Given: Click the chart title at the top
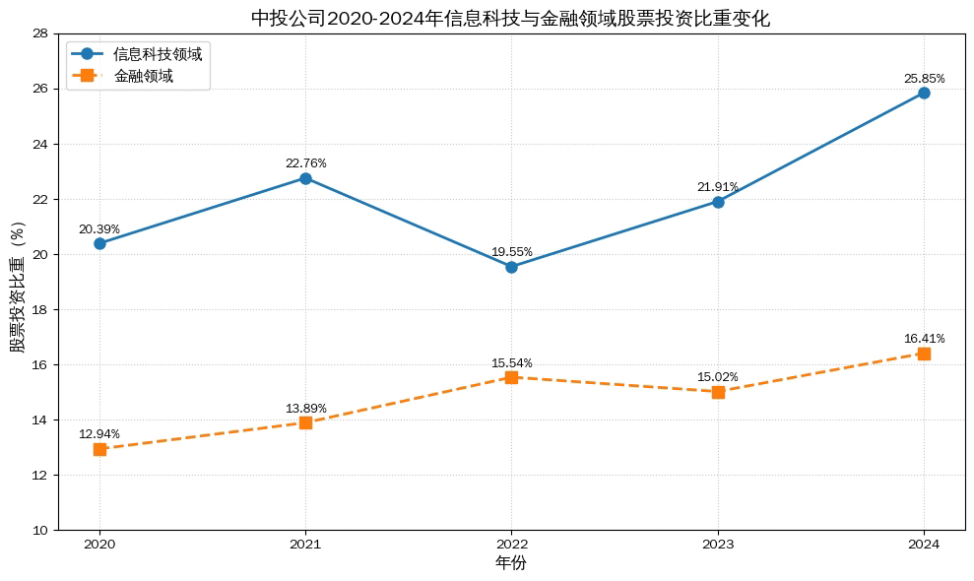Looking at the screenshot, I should pyautogui.click(x=510, y=18).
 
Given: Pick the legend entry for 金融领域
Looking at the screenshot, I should pyautogui.click(x=144, y=76).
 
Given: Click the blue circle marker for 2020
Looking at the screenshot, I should pyautogui.click(x=99, y=243).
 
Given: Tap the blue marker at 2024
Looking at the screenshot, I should pyautogui.click(x=924, y=93).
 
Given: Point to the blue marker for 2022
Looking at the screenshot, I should pyautogui.click(x=511, y=267).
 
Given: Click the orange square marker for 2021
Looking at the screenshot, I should pyautogui.click(x=305, y=422).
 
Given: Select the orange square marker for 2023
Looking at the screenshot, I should pyautogui.click(x=718, y=392).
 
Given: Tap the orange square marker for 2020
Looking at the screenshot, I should pyautogui.click(x=99, y=449).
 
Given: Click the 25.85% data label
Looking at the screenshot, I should pyautogui.click(x=924, y=78).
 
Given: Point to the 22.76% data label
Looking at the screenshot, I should pyautogui.click(x=305, y=163).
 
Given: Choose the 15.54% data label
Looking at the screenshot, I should pyautogui.click(x=511, y=363).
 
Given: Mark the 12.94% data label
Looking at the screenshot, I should pyautogui.click(x=99, y=434).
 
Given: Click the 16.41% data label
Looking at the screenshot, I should pyautogui.click(x=924, y=339).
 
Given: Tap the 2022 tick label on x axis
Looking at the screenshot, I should pyautogui.click(x=511, y=544).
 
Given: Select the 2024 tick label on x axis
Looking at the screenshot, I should pyautogui.click(x=924, y=544).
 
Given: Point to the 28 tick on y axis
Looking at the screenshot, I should pyautogui.click(x=40, y=33).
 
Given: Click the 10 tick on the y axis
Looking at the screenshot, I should pyautogui.click(x=40, y=530).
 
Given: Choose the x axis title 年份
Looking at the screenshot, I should pyautogui.click(x=510, y=563).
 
